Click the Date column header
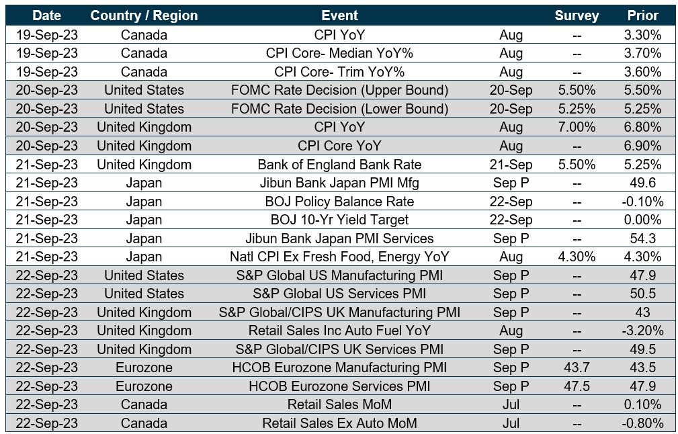(x=46, y=15)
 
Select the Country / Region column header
(x=144, y=15)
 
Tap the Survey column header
(x=576, y=15)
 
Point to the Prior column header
(x=642, y=15)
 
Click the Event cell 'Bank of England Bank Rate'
(x=339, y=165)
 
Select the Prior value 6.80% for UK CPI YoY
(x=642, y=127)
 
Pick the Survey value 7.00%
(x=576, y=127)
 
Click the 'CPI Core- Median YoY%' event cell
(x=339, y=53)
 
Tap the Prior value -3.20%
(x=642, y=331)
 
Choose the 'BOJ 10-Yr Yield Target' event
(x=339, y=220)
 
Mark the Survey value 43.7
(x=576, y=367)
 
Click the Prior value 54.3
(x=642, y=238)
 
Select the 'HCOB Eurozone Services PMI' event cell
(x=339, y=386)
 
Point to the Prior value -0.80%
(x=642, y=423)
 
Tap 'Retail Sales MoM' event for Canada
(x=339, y=404)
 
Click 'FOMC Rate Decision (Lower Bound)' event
(x=339, y=109)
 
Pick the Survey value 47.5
(x=576, y=386)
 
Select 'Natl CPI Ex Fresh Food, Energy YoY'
(x=339, y=257)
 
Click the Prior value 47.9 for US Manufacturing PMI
(x=642, y=275)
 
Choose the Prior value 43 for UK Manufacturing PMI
(x=642, y=312)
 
